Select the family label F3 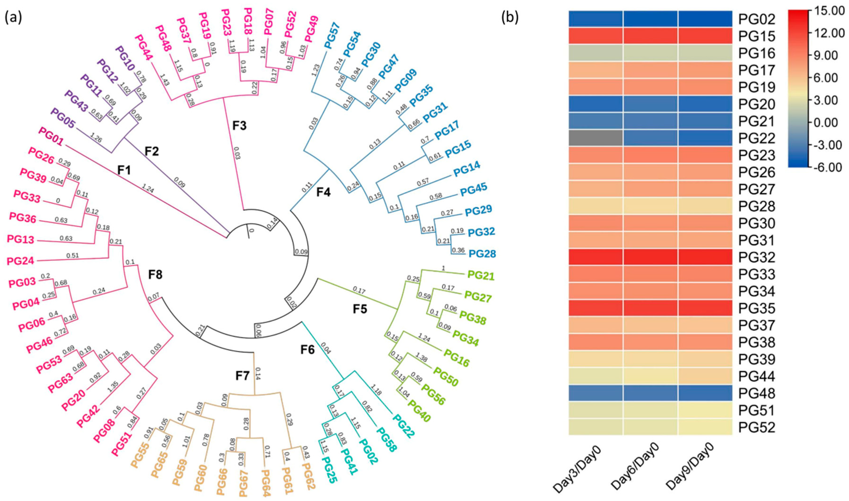click(240, 126)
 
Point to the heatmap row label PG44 click(757, 376)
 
